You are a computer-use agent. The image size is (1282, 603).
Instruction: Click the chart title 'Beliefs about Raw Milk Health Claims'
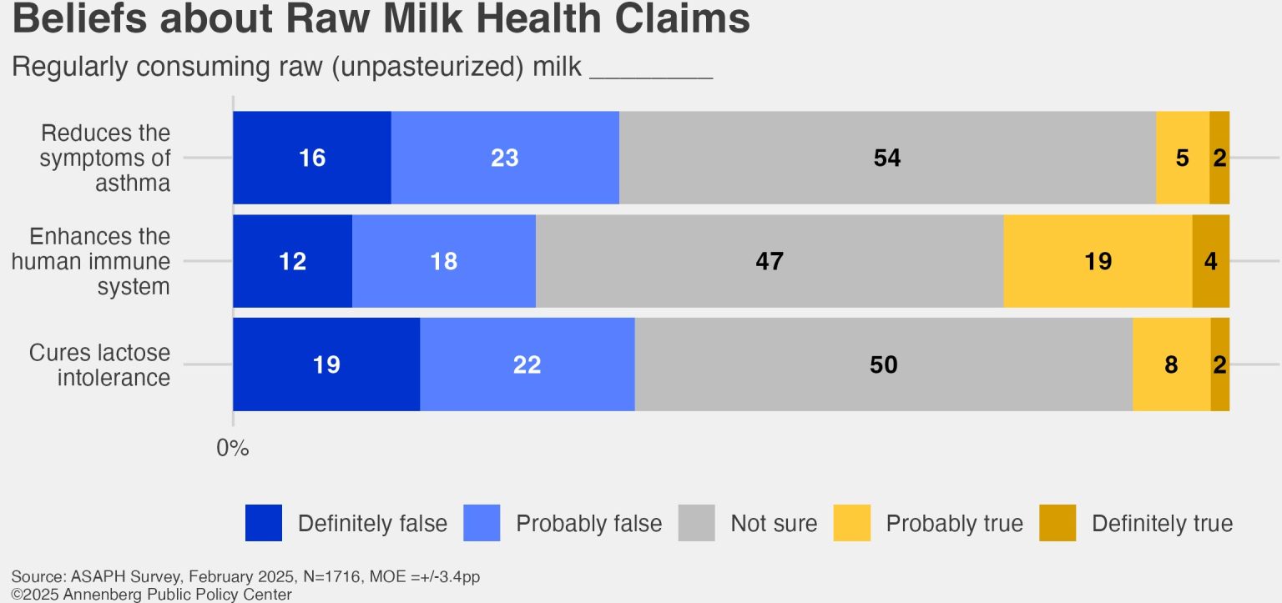pyautogui.click(x=381, y=20)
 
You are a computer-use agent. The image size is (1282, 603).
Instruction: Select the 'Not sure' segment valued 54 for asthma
pyautogui.click(x=887, y=158)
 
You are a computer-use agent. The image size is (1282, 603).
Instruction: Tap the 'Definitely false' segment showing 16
pyautogui.click(x=311, y=158)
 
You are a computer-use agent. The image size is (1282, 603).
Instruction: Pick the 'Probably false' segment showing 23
pyautogui.click(x=505, y=158)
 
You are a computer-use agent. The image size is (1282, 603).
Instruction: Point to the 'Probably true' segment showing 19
pyautogui.click(x=1098, y=261)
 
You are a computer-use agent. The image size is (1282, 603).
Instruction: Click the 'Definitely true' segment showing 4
pyautogui.click(x=1210, y=261)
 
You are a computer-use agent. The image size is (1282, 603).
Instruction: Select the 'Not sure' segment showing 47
pyautogui.click(x=769, y=261)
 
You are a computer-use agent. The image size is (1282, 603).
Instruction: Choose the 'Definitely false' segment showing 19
pyautogui.click(x=326, y=364)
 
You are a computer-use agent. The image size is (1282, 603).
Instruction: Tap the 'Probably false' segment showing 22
pyautogui.click(x=527, y=364)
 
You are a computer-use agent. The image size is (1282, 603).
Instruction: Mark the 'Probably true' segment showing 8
pyautogui.click(x=1171, y=364)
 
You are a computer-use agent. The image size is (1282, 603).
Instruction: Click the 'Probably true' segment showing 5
pyautogui.click(x=1182, y=158)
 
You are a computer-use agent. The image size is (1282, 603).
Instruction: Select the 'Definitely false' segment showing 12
pyautogui.click(x=292, y=261)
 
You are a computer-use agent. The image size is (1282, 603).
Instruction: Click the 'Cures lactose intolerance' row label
pyautogui.click(x=100, y=364)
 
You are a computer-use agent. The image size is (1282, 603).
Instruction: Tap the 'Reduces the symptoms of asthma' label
pyautogui.click(x=105, y=158)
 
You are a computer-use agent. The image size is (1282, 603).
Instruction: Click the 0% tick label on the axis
pyautogui.click(x=233, y=448)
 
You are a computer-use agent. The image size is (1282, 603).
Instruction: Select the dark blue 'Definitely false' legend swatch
pyautogui.click(x=264, y=523)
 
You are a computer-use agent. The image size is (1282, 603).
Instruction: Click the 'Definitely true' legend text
pyautogui.click(x=1162, y=524)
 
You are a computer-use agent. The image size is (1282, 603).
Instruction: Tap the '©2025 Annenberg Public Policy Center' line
pyautogui.click(x=152, y=594)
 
